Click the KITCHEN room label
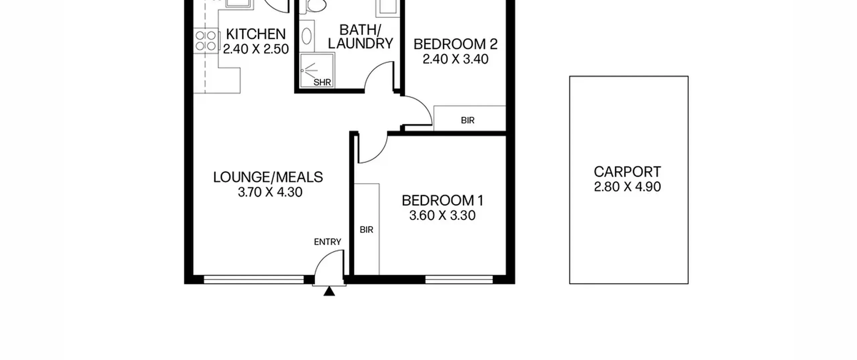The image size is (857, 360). point(256,34)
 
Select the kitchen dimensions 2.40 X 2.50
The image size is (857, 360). point(256,49)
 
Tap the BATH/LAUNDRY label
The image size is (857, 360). point(360,37)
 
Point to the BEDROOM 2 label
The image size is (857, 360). point(455,44)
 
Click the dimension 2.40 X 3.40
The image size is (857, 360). point(455,59)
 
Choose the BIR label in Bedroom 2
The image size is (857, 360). point(468,120)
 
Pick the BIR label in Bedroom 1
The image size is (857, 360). point(367,230)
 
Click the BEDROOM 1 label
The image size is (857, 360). point(443,201)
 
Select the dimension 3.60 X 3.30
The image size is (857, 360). point(442,215)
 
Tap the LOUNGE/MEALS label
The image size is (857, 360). point(268,177)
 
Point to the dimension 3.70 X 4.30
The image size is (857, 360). point(270,192)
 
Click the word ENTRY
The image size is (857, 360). point(327,242)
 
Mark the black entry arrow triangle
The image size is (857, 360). point(329,292)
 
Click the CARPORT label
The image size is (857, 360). point(627,172)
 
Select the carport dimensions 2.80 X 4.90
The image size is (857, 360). point(627,187)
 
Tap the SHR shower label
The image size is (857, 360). point(322,82)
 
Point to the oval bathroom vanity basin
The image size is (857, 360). point(307,36)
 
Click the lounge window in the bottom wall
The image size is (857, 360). point(254,280)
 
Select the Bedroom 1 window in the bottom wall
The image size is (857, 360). point(459,280)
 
